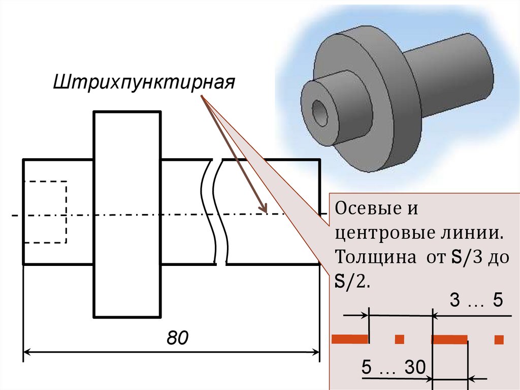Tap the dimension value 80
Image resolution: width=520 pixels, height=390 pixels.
(177, 337)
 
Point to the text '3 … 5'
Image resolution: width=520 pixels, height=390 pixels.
(476, 301)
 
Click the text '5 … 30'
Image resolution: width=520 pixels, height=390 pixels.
(393, 367)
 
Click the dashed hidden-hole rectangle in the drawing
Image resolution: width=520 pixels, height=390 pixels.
(45, 212)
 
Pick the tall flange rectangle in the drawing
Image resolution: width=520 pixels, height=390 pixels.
(127, 214)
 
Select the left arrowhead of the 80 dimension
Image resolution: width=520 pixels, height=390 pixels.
(28, 351)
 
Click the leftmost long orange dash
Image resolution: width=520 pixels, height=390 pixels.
(349, 339)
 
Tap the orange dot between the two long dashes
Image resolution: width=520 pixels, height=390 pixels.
(400, 339)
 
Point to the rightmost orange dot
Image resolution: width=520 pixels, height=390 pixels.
(499, 339)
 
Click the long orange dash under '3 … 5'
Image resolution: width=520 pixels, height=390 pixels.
(449, 339)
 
